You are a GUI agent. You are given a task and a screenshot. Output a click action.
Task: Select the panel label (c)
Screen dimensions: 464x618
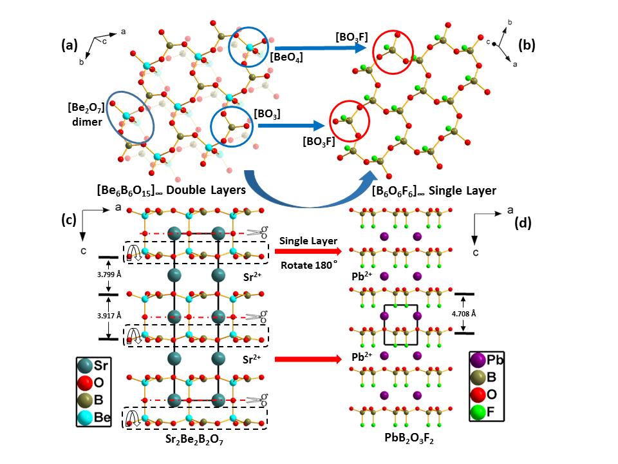(69, 220)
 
